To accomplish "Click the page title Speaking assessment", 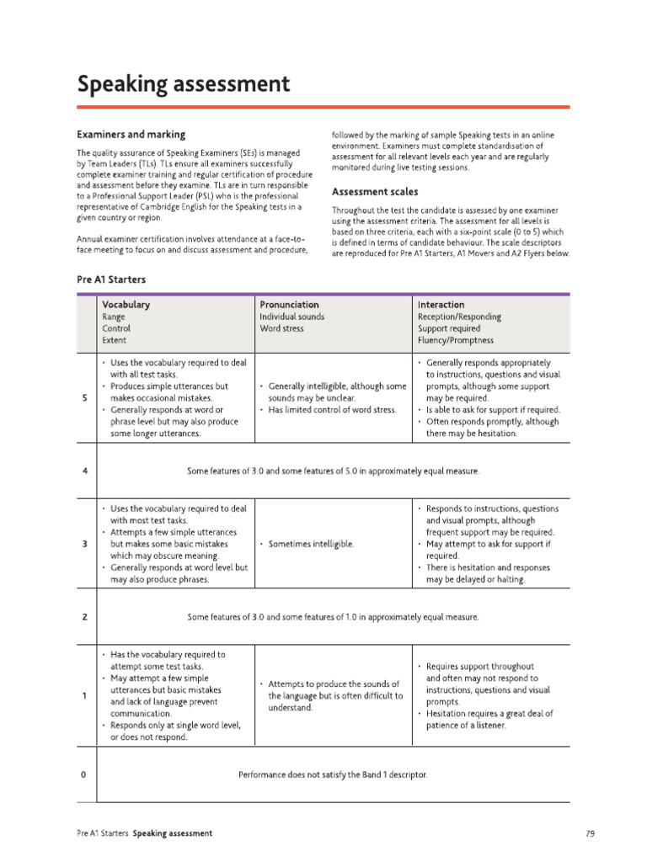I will [x=184, y=84].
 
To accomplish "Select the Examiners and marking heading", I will [x=131, y=134].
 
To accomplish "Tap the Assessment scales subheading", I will [x=374, y=191].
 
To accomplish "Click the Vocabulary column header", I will [x=126, y=304].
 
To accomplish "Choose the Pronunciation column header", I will [x=289, y=304].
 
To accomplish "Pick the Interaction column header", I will [x=441, y=304].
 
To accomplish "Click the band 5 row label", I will [x=86, y=398].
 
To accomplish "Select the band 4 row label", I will [x=86, y=471].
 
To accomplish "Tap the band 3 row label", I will [x=86, y=544].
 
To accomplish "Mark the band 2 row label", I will [x=86, y=617].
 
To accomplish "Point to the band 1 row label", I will [x=86, y=695].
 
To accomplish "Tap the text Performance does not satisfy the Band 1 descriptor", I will [x=333, y=774].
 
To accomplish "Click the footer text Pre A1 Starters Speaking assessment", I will [x=144, y=833].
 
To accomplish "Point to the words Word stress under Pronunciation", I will [x=281, y=328].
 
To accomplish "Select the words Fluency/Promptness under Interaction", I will [x=456, y=340].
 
